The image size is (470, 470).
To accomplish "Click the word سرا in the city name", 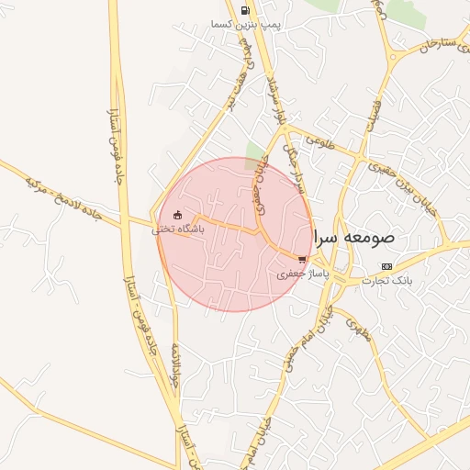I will (328, 238).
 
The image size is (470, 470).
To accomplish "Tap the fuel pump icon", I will (245, 11).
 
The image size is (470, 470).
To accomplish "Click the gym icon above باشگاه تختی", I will (177, 216).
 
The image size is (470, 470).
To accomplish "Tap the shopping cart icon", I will (302, 259).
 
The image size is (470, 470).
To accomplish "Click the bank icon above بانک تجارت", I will (386, 266).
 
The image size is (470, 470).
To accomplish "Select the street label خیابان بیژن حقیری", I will (408, 189).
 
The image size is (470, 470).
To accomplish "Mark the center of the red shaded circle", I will (235, 234).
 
